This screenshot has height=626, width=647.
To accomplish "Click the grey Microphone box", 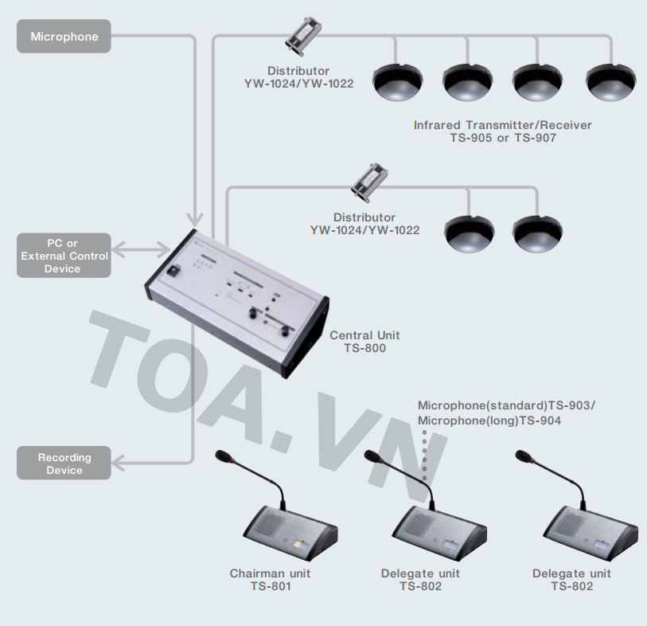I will point(64,37).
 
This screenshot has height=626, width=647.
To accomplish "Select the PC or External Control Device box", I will point(64,256).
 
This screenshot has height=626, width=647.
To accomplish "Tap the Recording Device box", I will point(64,464).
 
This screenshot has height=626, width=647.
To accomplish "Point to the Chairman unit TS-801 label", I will point(270,580).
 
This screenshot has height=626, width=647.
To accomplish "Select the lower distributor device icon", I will point(368,182).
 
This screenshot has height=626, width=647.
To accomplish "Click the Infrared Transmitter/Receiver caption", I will point(502,131).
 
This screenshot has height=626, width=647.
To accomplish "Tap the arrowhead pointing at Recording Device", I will point(118,463).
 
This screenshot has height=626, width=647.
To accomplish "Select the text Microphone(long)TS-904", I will point(489,421).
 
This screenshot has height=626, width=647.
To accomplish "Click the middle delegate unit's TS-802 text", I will point(420,586).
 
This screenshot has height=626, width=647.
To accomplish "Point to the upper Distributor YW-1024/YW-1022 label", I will point(298,76).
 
